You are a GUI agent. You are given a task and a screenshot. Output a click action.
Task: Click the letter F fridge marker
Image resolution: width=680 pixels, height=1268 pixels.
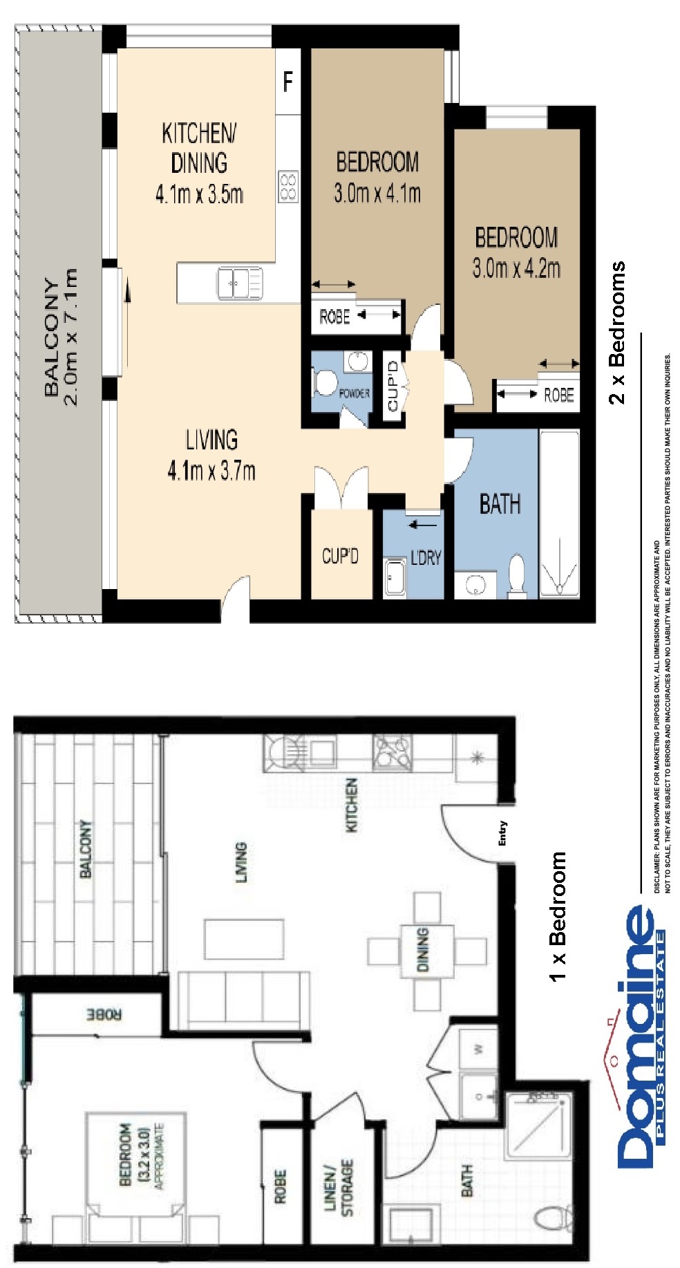(288, 82)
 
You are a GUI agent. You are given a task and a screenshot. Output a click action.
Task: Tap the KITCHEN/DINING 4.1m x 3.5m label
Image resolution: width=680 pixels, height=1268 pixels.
(199, 163)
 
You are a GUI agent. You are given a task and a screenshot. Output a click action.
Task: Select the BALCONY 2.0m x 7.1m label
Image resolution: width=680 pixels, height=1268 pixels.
(60, 337)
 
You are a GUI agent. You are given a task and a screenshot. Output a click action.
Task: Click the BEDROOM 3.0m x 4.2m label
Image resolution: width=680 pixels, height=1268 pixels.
(516, 252)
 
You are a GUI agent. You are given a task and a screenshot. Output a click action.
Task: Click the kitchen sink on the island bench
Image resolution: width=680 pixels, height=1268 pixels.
(239, 283)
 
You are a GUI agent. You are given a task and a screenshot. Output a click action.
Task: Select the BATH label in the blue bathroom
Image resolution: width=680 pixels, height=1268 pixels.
(499, 504)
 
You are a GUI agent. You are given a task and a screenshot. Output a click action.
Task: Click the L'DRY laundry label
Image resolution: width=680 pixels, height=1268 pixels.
(425, 557)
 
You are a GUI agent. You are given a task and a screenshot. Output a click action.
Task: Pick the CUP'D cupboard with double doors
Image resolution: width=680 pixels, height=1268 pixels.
(340, 555)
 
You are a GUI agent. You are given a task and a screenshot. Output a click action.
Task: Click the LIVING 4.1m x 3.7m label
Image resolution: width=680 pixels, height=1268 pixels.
(211, 455)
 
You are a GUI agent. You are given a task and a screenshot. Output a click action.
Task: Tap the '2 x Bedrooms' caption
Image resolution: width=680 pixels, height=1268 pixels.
(616, 333)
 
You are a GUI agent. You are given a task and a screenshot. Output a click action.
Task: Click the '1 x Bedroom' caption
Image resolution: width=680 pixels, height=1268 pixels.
(557, 915)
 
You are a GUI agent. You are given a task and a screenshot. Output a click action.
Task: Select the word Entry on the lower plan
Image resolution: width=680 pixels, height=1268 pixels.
(502, 832)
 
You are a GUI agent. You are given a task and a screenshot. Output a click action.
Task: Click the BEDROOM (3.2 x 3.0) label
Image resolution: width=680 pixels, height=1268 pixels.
(135, 1155)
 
